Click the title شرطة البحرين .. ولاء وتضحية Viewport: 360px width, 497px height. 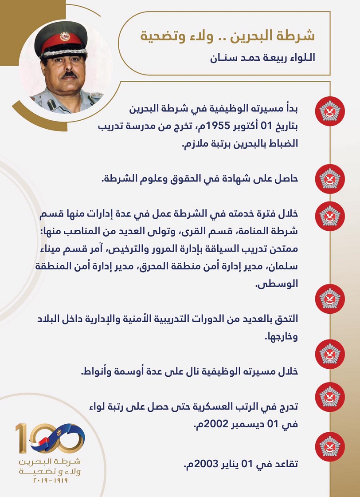click(x=227, y=35)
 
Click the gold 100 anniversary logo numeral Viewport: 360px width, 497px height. click(x=49, y=438)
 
